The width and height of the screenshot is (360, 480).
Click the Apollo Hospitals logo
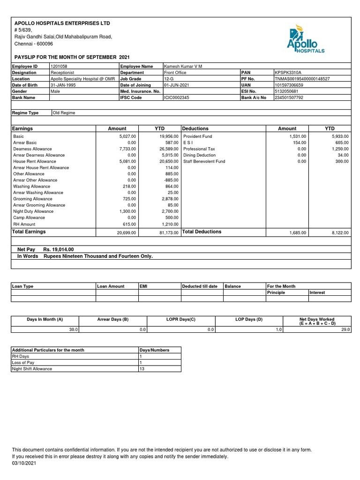(x=304, y=40)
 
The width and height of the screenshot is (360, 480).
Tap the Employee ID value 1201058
(x=59, y=67)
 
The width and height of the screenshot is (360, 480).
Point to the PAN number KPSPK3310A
(x=287, y=73)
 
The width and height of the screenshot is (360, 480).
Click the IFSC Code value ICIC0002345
(x=176, y=97)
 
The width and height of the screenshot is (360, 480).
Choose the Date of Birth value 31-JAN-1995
(x=63, y=85)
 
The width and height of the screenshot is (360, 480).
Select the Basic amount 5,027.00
(x=127, y=136)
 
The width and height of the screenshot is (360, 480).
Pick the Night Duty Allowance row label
(x=33, y=211)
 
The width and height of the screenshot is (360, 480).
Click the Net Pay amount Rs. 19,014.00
(x=59, y=250)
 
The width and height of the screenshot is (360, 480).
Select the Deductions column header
(x=195, y=128)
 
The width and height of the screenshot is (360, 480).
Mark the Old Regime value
(x=64, y=113)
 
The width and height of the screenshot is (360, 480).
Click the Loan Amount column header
(x=111, y=286)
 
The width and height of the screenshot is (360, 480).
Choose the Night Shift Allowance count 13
(x=142, y=369)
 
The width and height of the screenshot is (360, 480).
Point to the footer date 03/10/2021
(x=23, y=463)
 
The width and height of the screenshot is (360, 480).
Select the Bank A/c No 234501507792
(x=289, y=97)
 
